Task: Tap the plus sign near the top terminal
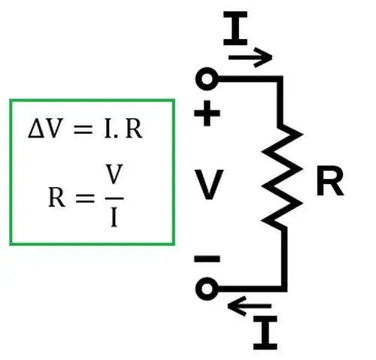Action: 207,113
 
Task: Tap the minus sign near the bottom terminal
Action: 207,259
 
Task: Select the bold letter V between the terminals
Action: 208,184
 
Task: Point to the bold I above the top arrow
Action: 235,28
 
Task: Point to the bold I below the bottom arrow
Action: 265,332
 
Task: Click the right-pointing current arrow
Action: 250,58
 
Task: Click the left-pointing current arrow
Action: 250,306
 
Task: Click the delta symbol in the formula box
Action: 37,129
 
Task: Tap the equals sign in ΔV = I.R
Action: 83,130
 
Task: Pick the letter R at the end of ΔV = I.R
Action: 134,129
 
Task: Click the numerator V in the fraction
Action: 114,174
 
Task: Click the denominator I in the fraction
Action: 114,218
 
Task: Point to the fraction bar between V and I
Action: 114,198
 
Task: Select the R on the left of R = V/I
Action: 56,198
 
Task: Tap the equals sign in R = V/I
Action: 85,198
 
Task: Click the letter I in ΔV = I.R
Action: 108,129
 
